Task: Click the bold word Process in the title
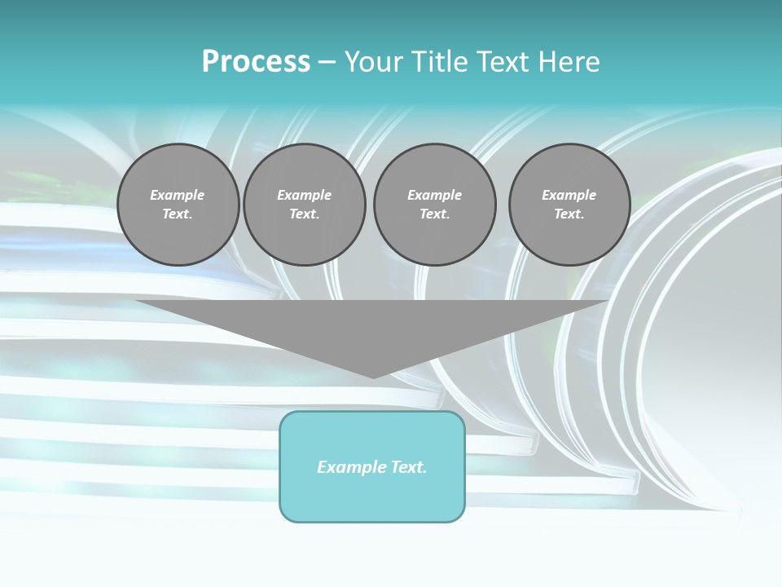click(256, 62)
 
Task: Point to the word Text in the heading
click(502, 62)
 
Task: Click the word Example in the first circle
click(178, 195)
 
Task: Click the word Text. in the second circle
click(304, 214)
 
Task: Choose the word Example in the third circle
click(434, 195)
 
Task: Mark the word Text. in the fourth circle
click(569, 214)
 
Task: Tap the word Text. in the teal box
click(408, 467)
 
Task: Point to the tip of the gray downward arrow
click(373, 376)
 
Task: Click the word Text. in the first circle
click(178, 214)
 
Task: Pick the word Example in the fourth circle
click(569, 195)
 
